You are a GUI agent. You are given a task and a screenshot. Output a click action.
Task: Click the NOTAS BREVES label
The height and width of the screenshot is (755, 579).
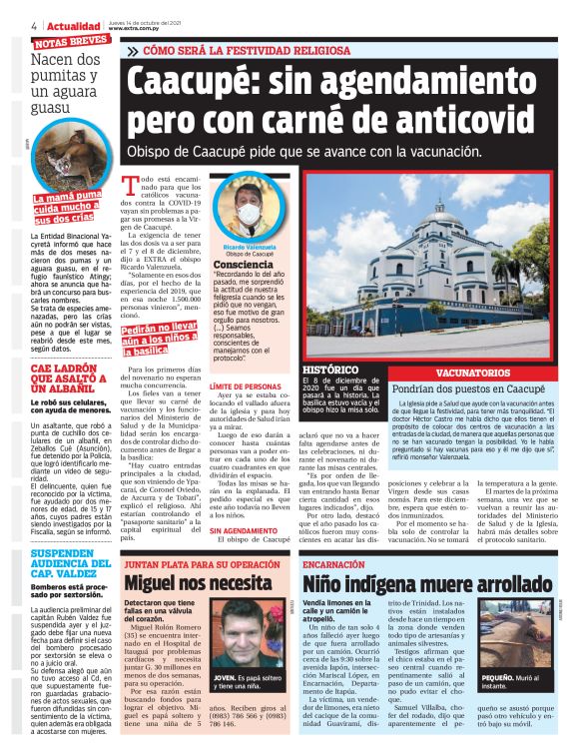(70, 42)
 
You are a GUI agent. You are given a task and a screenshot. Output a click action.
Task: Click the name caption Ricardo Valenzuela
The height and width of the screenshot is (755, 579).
(248, 246)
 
